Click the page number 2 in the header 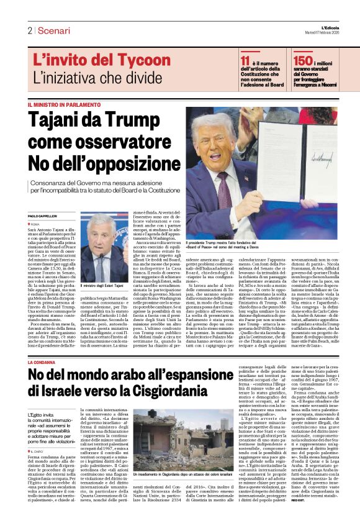point(29,30)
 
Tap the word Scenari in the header point(53,30)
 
